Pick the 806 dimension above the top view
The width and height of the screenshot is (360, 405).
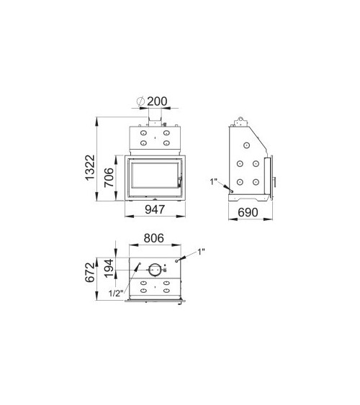click(x=155, y=237)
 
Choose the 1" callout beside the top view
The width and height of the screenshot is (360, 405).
click(x=201, y=251)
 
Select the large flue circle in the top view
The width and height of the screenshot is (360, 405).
click(x=155, y=270)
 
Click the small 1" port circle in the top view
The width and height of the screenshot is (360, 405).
click(x=178, y=263)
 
